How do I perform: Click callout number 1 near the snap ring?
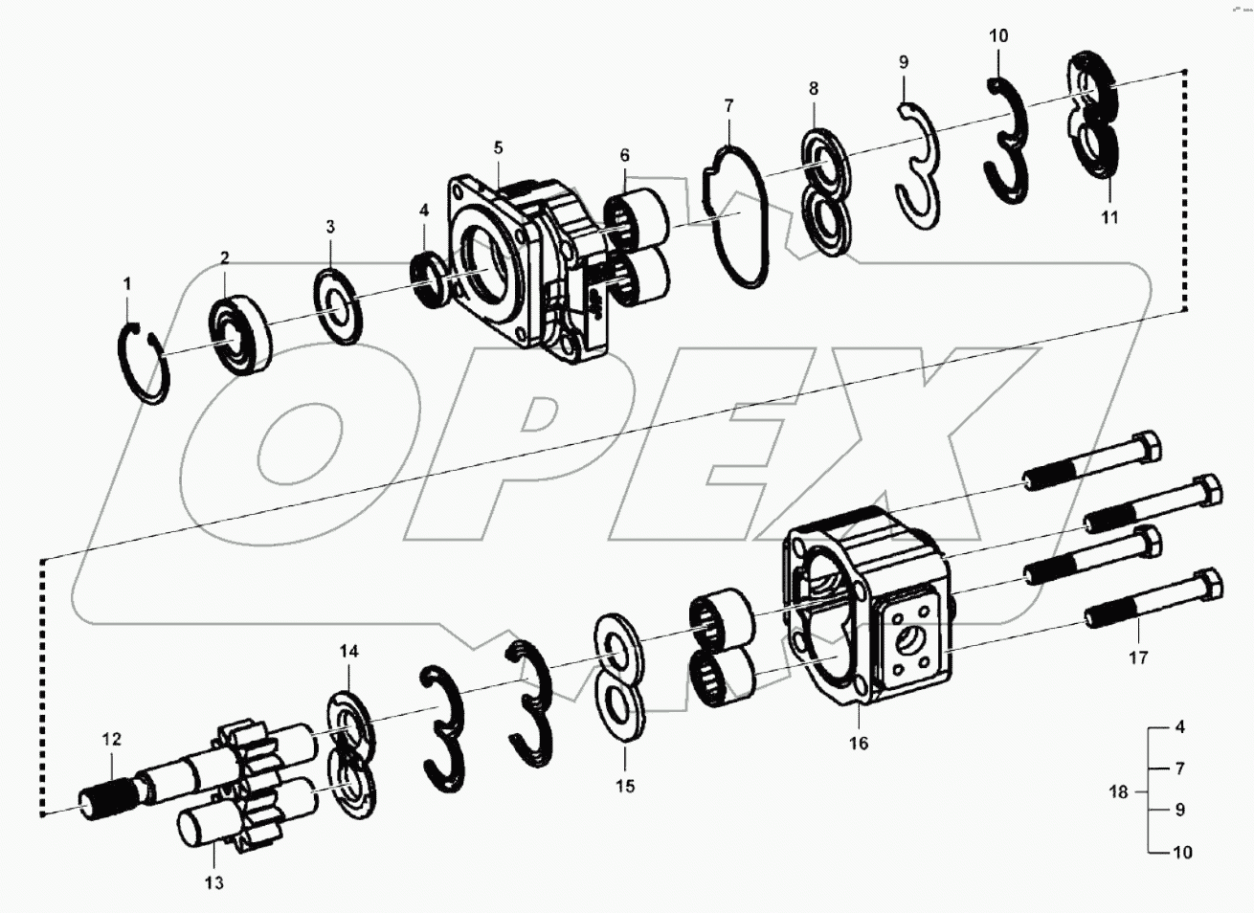tap(126, 283)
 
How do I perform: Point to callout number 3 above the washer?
tap(329, 227)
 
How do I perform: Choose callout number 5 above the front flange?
tap(499, 148)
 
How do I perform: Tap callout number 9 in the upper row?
tap(904, 62)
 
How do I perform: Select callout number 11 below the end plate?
tap(1108, 217)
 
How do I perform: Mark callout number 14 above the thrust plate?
tap(348, 652)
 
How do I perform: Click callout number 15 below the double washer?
tap(624, 787)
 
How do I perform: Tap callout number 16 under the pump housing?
tap(859, 743)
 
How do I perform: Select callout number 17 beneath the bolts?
tap(1138, 657)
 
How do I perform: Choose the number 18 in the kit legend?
tap(1118, 791)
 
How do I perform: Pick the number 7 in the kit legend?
tap(1179, 768)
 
